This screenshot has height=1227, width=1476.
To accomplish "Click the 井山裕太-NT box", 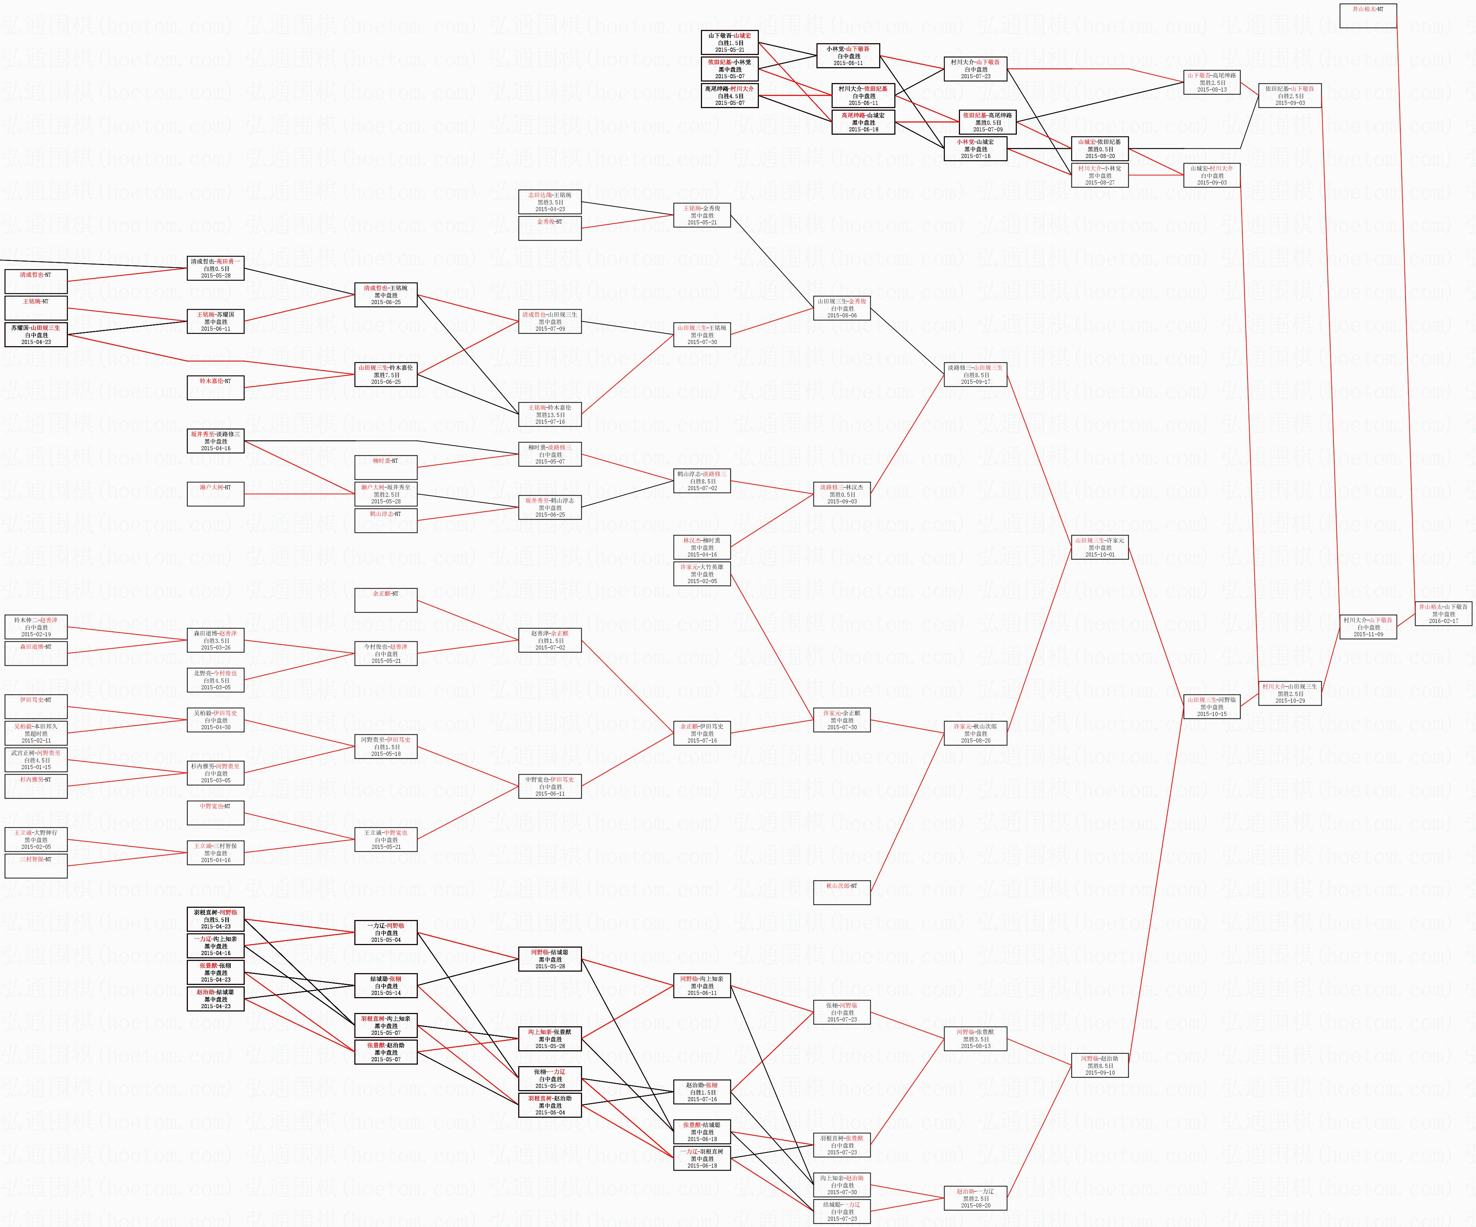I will tap(1368, 15).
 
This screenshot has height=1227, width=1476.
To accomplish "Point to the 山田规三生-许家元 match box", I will tap(1099, 547).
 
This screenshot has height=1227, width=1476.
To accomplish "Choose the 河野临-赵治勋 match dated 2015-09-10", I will tap(1099, 1065).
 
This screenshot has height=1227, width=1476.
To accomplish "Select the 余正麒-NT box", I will tap(385, 600).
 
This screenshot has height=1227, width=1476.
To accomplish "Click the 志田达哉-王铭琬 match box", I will tap(550, 202).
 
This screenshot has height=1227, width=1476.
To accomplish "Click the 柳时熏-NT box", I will tap(385, 467).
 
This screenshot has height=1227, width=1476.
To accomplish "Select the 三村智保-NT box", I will tap(36, 866).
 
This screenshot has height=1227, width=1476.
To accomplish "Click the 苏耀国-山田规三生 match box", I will tap(36, 334).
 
